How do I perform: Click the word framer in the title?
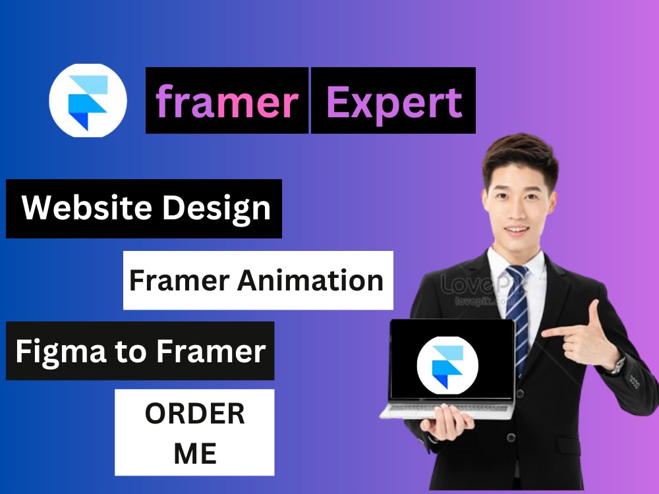click(227, 101)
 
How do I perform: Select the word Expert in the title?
click(393, 101)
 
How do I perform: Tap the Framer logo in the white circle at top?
click(88, 101)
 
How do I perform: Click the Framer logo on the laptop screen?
click(447, 364)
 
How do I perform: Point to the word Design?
click(217, 208)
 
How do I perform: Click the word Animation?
click(310, 281)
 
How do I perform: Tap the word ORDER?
click(194, 414)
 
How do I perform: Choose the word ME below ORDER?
click(194, 453)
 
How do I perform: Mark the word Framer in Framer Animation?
click(179, 281)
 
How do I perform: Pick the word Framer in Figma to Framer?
click(211, 350)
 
